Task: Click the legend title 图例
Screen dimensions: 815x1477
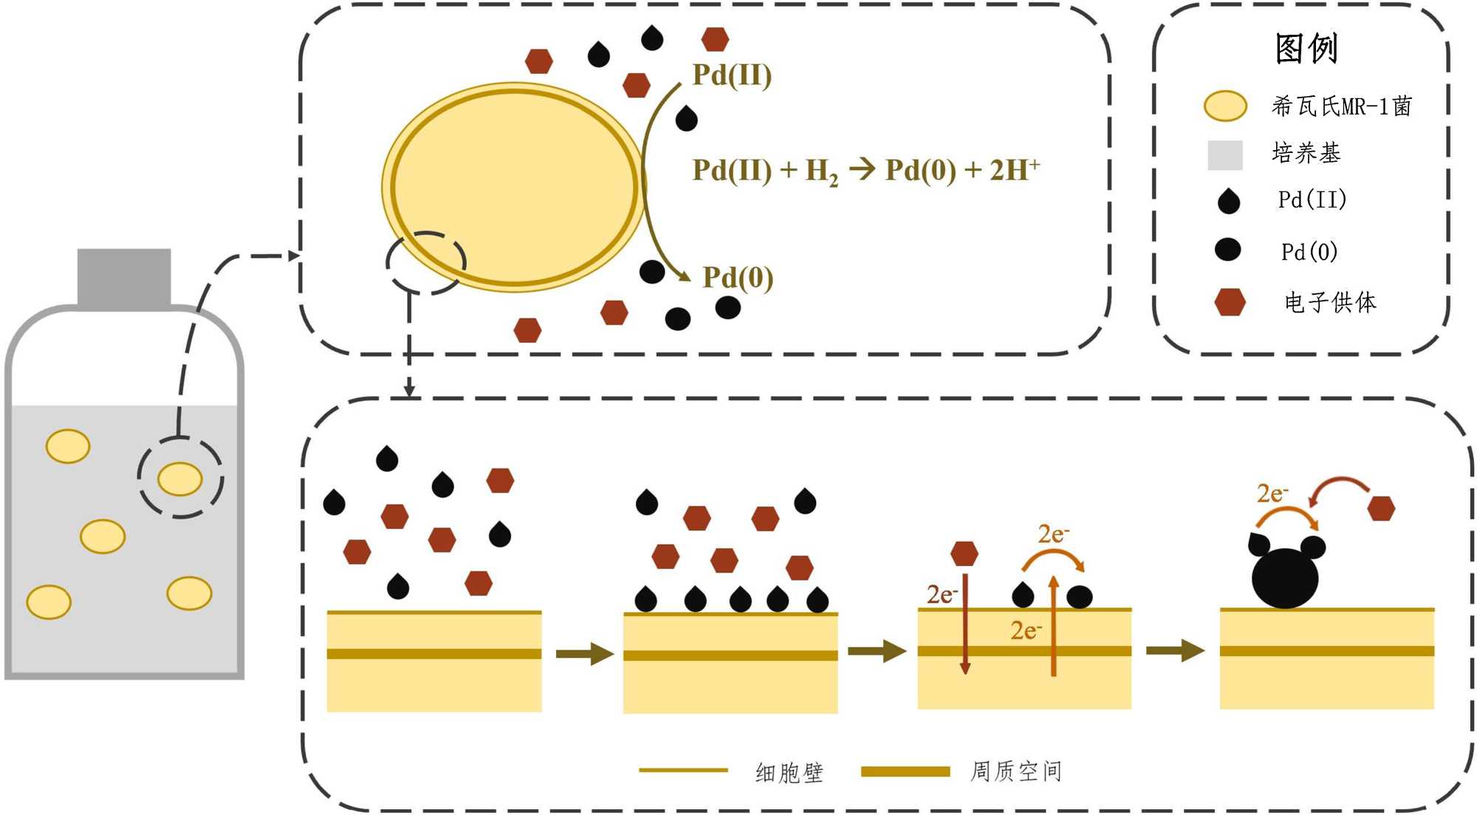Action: [x=1306, y=49]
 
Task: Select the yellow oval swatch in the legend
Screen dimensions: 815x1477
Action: [x=1225, y=106]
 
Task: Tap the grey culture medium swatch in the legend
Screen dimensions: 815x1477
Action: [x=1224, y=154]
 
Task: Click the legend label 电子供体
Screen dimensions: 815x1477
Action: [x=1330, y=302]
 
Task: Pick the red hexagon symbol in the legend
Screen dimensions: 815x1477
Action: [x=1230, y=301]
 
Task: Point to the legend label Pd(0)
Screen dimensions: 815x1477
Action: [x=1309, y=252]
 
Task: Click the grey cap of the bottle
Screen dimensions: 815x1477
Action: [x=124, y=277]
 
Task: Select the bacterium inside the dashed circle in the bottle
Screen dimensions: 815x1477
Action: [x=180, y=479]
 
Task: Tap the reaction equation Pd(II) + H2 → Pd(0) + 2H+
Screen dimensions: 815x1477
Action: [x=866, y=171]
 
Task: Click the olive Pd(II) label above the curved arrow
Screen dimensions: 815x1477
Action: [x=732, y=75]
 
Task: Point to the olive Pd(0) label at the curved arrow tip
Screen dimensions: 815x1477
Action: [x=738, y=278]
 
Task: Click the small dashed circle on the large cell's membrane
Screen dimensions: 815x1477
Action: [x=426, y=262]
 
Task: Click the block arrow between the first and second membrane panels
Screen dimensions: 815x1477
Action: [x=584, y=653]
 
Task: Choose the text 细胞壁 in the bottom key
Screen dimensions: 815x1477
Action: [x=789, y=772]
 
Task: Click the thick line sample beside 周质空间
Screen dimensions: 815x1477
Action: [x=905, y=771]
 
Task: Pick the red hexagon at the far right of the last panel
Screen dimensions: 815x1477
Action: [x=1381, y=508]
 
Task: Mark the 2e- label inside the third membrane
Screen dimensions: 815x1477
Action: [x=1026, y=630]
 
